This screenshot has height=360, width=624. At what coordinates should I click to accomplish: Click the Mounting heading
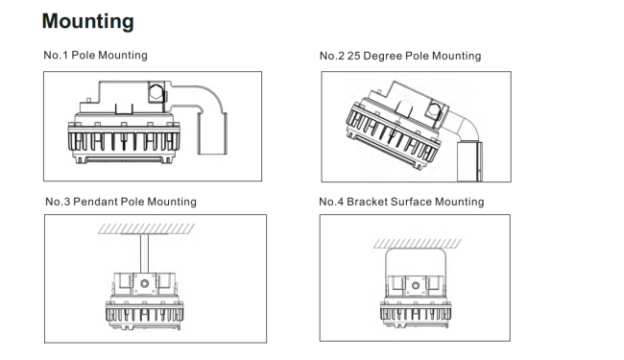pos(88,22)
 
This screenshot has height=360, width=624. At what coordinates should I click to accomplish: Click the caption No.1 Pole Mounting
pos(95,55)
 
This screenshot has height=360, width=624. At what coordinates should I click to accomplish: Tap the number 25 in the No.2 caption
pos(353,56)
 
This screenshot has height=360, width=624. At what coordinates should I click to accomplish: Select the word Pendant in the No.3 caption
pos(95,202)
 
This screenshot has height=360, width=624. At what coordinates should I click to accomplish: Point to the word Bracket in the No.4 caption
pos(367,202)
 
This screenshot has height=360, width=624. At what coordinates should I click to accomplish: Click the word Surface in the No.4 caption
pos(411,202)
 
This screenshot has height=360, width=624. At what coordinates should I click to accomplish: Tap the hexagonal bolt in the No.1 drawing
pos(156,92)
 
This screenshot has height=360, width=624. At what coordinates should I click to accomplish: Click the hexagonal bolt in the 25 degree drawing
pos(433,111)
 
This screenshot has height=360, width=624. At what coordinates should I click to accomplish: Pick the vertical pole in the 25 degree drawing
pos(469,161)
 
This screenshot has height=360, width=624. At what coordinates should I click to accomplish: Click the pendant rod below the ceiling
pos(144,253)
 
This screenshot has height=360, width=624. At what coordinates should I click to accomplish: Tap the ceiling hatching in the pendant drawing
pos(147,228)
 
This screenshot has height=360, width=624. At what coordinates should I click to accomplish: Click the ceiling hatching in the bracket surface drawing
pos(418,244)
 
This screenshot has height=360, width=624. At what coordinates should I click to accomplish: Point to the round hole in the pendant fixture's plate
pos(144,283)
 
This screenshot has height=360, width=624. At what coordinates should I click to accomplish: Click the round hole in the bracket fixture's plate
pos(416,286)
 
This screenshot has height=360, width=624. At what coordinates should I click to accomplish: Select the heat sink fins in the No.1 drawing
pos(124,141)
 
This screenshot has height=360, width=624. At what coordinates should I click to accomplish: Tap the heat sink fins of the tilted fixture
pos(392,133)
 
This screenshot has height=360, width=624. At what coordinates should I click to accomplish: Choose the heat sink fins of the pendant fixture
pos(144,314)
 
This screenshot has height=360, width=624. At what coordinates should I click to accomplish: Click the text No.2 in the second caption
pos(332,56)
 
